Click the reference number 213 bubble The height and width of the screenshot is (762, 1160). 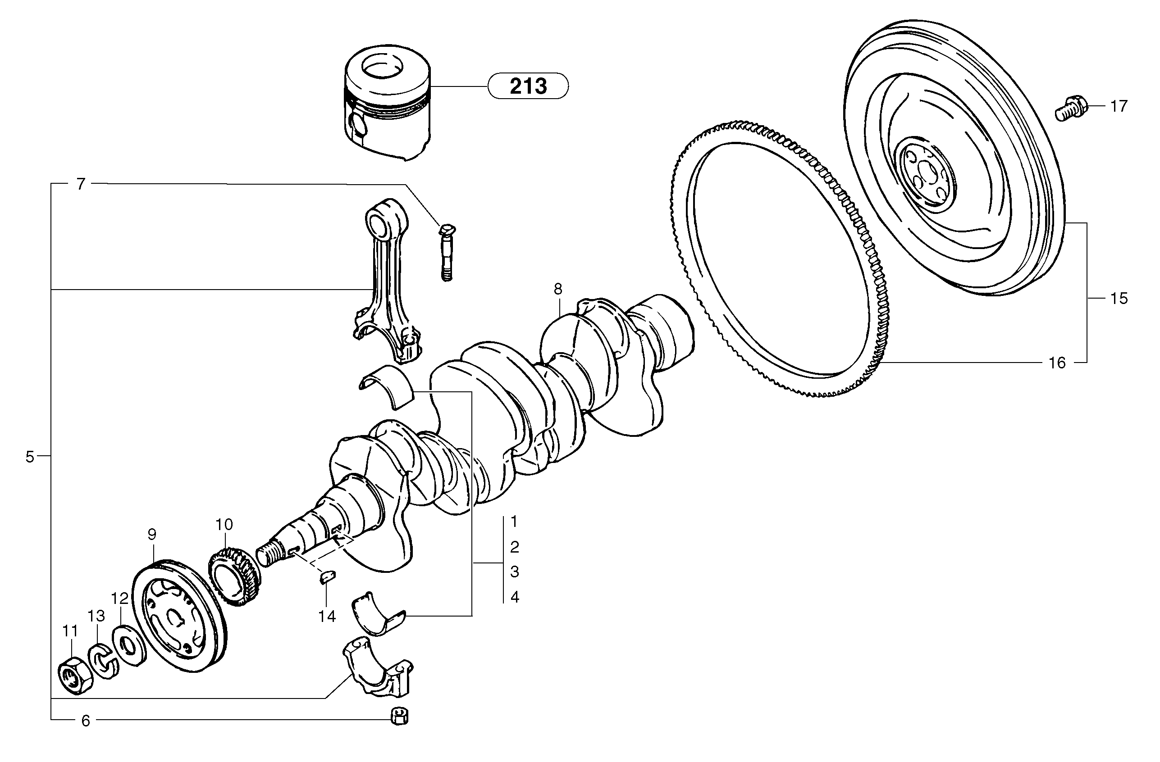tap(528, 86)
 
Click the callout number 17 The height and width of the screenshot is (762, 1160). tap(1119, 106)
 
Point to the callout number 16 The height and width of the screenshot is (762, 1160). tap(1057, 363)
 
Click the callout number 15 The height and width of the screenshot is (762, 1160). tap(1119, 298)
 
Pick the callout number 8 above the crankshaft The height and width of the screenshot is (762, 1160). tap(557, 289)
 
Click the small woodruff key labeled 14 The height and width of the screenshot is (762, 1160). tap(327, 577)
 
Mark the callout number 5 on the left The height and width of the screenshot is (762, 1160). tap(30, 457)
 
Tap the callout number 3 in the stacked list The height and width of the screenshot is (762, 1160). tap(514, 572)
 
